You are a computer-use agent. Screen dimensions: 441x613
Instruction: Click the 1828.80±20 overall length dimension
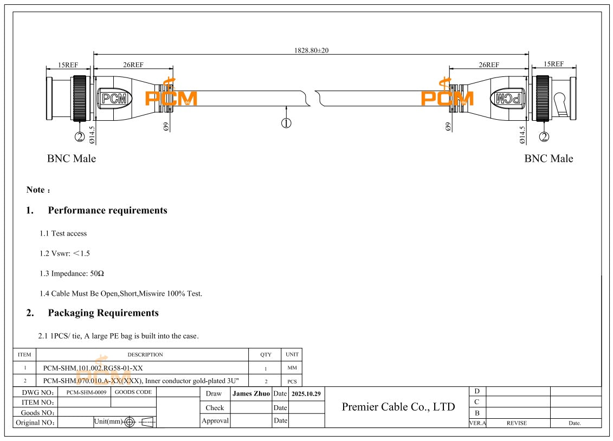pos(311,50)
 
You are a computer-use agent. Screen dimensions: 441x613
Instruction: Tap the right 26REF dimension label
pos(488,65)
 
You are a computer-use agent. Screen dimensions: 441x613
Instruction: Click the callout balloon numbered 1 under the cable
pos(286,123)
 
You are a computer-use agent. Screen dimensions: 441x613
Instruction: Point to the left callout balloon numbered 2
pos(80,137)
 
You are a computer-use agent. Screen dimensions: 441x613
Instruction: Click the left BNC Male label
pos(71,159)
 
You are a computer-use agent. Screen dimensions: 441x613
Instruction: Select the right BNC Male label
pos(548,159)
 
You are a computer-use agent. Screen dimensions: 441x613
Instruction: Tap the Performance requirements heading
pos(107,210)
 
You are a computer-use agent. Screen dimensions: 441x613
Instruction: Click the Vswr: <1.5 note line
pos(64,254)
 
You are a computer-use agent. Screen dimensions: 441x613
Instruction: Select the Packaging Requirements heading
pos(103,313)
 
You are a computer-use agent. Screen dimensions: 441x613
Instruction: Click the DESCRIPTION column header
pos(145,355)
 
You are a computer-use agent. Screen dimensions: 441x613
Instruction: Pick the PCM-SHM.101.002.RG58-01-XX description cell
pos(93,368)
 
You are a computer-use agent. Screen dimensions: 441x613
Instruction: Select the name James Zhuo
pos(251,393)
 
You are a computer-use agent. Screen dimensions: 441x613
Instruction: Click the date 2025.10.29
pos(306,393)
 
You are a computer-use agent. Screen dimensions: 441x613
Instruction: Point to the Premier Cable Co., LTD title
pos(398,407)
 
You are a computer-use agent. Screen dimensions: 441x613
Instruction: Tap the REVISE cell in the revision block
pos(516,423)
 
